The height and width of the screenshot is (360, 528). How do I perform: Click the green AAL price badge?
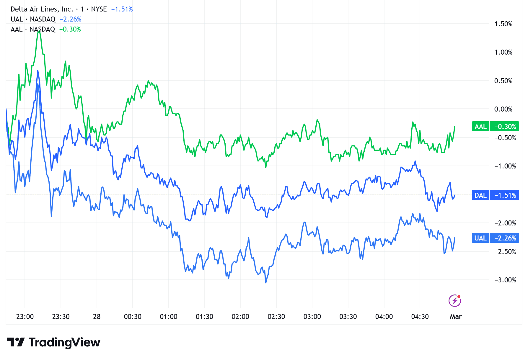click(x=495, y=127)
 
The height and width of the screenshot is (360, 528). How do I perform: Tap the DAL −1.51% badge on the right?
click(x=495, y=195)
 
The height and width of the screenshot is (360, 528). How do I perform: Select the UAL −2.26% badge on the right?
click(x=495, y=238)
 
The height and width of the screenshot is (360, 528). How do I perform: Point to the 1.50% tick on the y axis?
click(x=503, y=24)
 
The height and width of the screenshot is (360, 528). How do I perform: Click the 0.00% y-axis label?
click(x=503, y=109)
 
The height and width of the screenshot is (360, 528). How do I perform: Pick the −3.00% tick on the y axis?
click(x=505, y=280)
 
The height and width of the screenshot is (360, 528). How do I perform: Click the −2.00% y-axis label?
click(x=505, y=223)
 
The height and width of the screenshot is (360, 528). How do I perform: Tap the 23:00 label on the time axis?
click(x=25, y=317)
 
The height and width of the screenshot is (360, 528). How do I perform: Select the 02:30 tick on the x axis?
click(x=276, y=317)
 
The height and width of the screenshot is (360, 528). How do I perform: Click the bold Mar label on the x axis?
click(x=455, y=317)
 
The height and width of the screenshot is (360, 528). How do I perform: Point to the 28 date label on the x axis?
click(x=97, y=317)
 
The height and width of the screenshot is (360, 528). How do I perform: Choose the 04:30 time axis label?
click(x=420, y=317)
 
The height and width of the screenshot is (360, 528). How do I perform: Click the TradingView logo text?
click(x=64, y=342)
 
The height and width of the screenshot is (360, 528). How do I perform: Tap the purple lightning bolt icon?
click(x=454, y=301)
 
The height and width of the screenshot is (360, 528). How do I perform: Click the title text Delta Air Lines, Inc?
click(x=42, y=9)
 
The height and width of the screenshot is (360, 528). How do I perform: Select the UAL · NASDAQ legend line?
click(x=33, y=19)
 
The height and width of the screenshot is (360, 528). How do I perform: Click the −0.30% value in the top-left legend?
click(x=70, y=29)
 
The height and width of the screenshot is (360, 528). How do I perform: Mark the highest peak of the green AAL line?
click(x=39, y=31)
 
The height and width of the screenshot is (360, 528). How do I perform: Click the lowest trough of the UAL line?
click(x=266, y=282)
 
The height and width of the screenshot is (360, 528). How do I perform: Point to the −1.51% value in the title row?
click(x=122, y=9)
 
